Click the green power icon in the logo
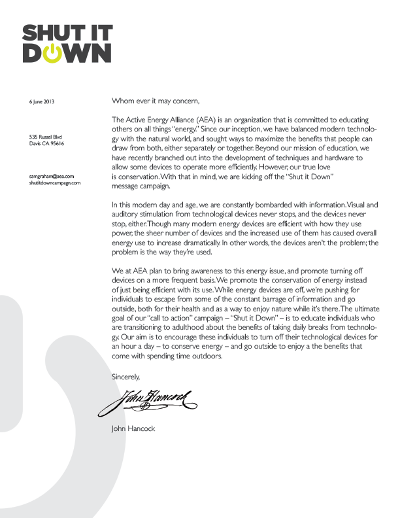[54, 53]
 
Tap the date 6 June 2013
[42, 102]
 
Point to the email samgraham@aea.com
[52, 177]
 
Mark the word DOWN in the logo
[66, 53]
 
